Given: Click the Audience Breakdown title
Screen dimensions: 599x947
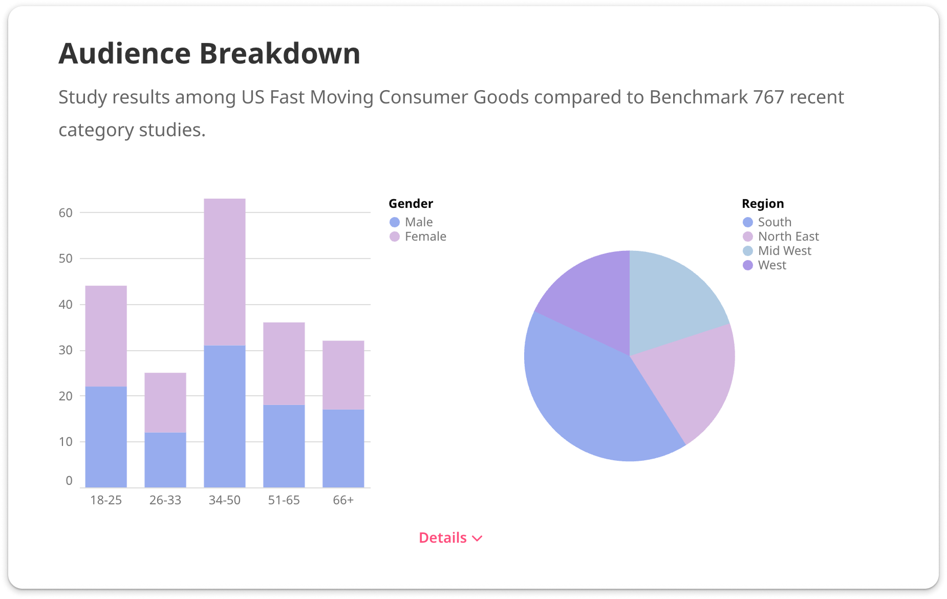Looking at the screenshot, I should pos(209,53).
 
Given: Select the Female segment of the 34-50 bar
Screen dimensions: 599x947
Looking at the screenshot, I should pos(224,271).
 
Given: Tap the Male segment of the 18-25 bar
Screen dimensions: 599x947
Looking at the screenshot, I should pos(106,436).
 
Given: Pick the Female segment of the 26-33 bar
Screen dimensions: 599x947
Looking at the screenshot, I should pos(165,402).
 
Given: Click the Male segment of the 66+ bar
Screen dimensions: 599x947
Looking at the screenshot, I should pos(343,448).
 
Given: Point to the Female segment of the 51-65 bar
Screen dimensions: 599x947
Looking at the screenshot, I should pos(284,363).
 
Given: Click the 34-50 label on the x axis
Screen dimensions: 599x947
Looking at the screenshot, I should pos(224,500).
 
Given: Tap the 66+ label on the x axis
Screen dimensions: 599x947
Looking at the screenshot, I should pos(343,500).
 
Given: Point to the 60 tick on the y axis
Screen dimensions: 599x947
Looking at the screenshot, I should pos(66,213).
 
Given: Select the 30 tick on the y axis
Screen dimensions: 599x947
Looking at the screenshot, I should pos(66,350).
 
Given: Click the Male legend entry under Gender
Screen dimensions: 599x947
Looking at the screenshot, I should pos(418,222).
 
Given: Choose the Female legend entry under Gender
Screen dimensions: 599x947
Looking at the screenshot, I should pos(425,237).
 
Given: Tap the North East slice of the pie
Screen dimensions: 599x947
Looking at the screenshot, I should pos(691,379).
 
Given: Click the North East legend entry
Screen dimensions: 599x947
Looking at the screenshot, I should pos(788,237).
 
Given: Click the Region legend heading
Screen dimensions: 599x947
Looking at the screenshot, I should pos(763,204).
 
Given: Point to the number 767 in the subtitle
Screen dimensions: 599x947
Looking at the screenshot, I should pos(767,97).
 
